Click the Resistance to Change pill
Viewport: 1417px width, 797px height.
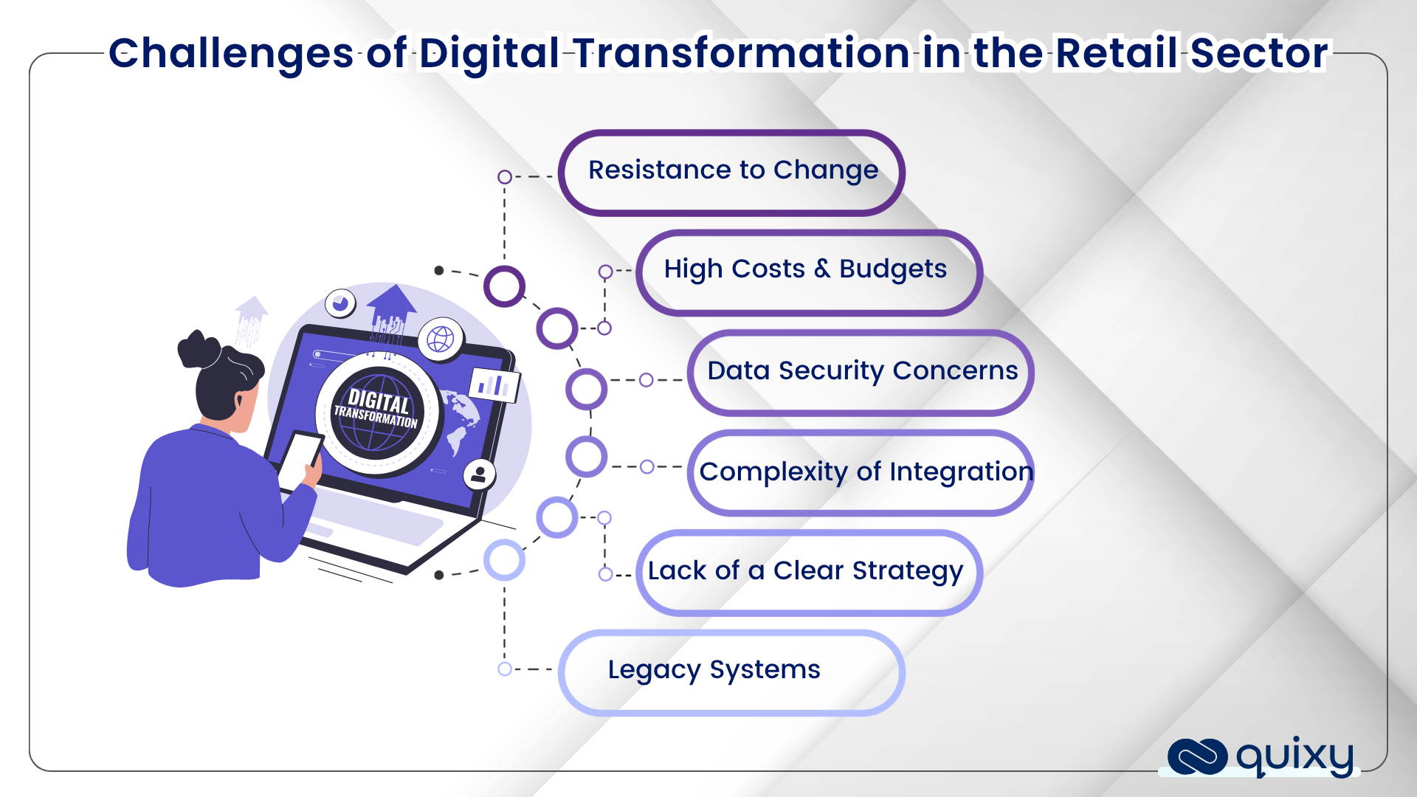(x=731, y=173)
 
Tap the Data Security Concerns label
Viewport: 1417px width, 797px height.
(x=862, y=370)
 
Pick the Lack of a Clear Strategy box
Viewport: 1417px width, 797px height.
(x=809, y=573)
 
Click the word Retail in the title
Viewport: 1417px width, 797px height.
(x=1116, y=53)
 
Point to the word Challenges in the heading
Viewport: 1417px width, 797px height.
(x=231, y=53)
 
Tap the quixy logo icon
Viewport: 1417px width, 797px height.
(x=1197, y=757)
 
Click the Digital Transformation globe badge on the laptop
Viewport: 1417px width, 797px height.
(x=377, y=413)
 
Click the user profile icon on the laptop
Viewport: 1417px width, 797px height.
(x=479, y=474)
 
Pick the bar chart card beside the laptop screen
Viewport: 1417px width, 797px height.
(x=494, y=384)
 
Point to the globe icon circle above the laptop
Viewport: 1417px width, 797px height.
(x=441, y=339)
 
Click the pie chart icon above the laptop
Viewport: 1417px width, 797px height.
(x=340, y=303)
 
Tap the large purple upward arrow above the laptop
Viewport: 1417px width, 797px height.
(x=391, y=306)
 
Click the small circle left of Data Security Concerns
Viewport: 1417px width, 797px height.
(x=647, y=380)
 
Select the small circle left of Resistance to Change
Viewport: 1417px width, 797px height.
(x=505, y=177)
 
